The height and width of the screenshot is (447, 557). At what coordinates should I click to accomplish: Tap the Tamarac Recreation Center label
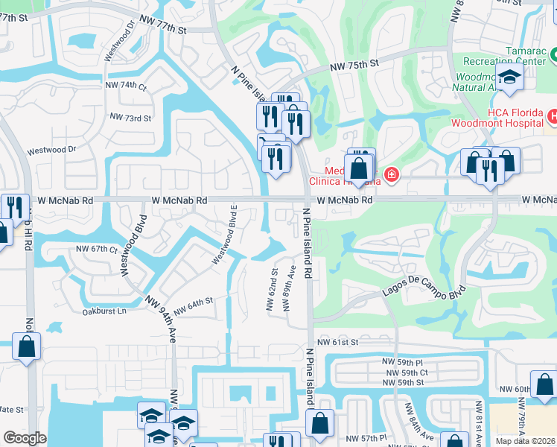click(x=494, y=54)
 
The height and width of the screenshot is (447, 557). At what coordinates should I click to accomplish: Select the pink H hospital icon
click(x=553, y=116)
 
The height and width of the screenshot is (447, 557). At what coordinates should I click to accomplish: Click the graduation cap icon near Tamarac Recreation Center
click(x=510, y=77)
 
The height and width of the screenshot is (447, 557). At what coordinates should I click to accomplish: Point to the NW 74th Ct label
click(x=128, y=86)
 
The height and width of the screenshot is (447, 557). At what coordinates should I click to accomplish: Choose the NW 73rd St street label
click(x=130, y=118)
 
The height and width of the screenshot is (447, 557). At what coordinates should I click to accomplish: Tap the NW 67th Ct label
click(x=97, y=249)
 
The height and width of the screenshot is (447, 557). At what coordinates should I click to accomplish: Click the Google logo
click(x=25, y=438)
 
